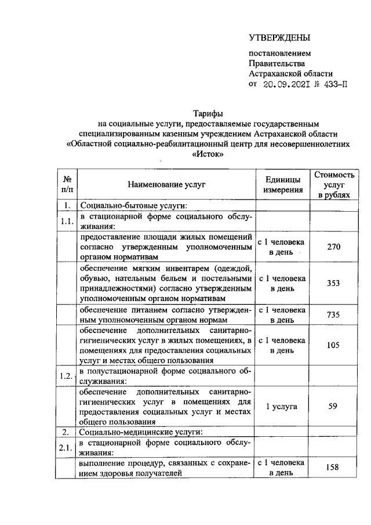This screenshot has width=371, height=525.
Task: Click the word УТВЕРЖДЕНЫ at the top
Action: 279,38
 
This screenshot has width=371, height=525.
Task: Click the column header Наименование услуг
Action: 168,184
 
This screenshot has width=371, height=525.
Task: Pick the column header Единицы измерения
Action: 282,184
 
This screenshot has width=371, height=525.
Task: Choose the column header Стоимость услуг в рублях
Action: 333,184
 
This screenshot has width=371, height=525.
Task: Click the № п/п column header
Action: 67,184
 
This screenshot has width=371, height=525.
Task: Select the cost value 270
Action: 333,247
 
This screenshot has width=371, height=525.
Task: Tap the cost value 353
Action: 333,283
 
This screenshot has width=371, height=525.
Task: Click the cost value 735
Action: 333,314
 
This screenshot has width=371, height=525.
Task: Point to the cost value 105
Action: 333,345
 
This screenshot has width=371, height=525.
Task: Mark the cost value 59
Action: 333,406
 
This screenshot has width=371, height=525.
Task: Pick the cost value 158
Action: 333,468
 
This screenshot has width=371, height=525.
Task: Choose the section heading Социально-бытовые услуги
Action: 131,205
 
